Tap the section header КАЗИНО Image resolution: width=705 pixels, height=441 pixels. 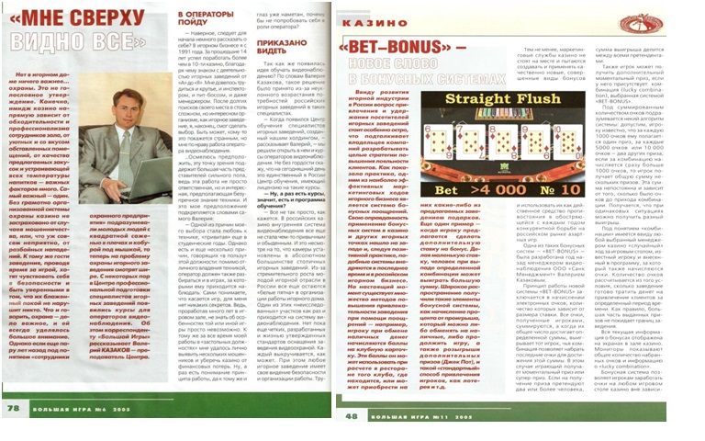(x=367, y=17)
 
